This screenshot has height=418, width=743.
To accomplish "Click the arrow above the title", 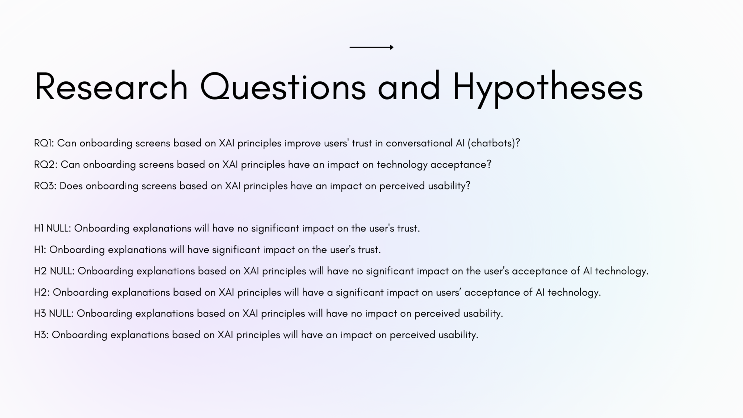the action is coord(371,47).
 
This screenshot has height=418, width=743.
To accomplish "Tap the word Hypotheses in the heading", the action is coord(548,89).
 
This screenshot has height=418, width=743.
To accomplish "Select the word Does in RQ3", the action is coord(71,186).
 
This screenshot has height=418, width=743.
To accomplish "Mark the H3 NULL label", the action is coord(54,313).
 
